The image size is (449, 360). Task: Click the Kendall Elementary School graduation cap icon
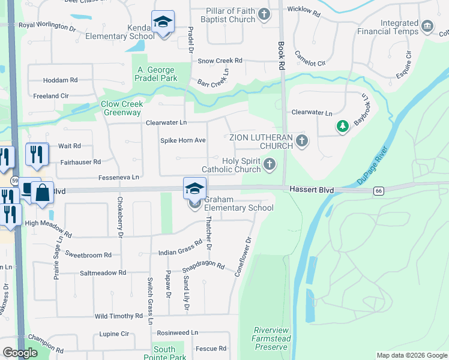click(x=163, y=22)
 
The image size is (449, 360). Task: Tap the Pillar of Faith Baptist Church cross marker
click(x=264, y=13)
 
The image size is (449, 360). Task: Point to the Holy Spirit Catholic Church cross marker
click(x=270, y=164)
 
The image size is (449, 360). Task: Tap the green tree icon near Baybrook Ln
click(x=342, y=127)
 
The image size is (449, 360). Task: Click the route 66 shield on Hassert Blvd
click(x=378, y=191)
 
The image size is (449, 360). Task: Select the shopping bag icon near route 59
click(x=43, y=193)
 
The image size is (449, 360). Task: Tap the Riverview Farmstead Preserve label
click(x=271, y=338)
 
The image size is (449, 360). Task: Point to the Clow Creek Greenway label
click(x=122, y=108)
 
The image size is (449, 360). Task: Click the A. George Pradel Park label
click(x=156, y=74)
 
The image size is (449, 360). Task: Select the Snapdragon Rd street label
click(x=203, y=266)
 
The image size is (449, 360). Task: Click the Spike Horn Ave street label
click(x=182, y=140)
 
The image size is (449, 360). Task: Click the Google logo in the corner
click(x=20, y=353)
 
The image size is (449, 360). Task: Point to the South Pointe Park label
click(x=164, y=353)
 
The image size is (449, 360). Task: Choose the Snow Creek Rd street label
click(x=220, y=61)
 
